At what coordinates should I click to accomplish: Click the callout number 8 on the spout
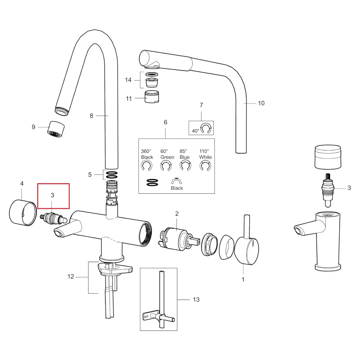click(x=91, y=116)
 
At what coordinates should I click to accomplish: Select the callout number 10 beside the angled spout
click(x=261, y=103)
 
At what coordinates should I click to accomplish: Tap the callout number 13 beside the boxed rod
click(x=196, y=300)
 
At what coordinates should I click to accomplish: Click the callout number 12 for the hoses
click(x=71, y=277)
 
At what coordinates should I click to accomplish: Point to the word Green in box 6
click(x=167, y=157)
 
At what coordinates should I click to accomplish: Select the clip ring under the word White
click(x=205, y=166)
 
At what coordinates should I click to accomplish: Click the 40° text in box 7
click(x=195, y=130)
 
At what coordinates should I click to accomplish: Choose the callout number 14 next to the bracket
click(x=128, y=80)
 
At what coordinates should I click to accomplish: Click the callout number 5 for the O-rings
click(x=90, y=174)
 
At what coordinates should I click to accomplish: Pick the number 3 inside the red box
click(x=52, y=195)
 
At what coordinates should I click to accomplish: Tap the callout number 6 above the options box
click(x=166, y=123)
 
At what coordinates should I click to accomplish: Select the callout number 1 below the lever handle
click(x=243, y=280)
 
